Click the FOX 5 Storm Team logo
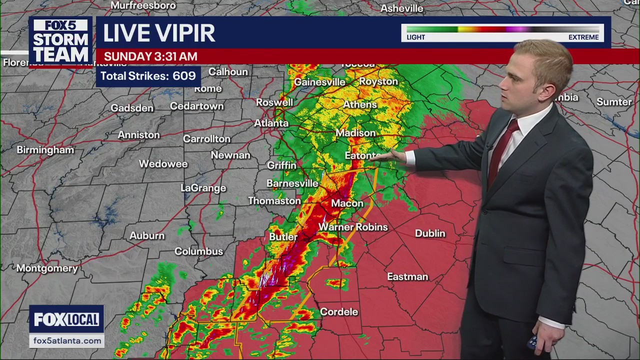pyautogui.click(x=60, y=41)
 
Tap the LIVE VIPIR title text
pyautogui.click(x=159, y=33)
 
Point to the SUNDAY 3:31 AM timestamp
pyautogui.click(x=150, y=56)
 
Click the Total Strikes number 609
pyautogui.click(x=184, y=76)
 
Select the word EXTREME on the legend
pyautogui.click(x=583, y=37)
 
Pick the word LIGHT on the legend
pyautogui.click(x=415, y=37)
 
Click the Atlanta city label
pyautogui.click(x=271, y=123)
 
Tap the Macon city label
pyautogui.click(x=347, y=203)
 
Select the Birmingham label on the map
pyautogui.click(x=45, y=150)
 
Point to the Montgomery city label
pyautogui.click(x=47, y=268)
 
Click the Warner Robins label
pyautogui.click(x=353, y=227)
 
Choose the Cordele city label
pyautogui.click(x=339, y=312)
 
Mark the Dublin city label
pyautogui.click(x=430, y=233)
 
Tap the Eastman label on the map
pyautogui.click(x=407, y=276)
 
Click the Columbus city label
pyautogui.click(x=198, y=251)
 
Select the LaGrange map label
pyautogui.click(x=203, y=188)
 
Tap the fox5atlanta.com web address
pyautogui.click(x=67, y=340)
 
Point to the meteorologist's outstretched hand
pyautogui.click(x=396, y=156)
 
